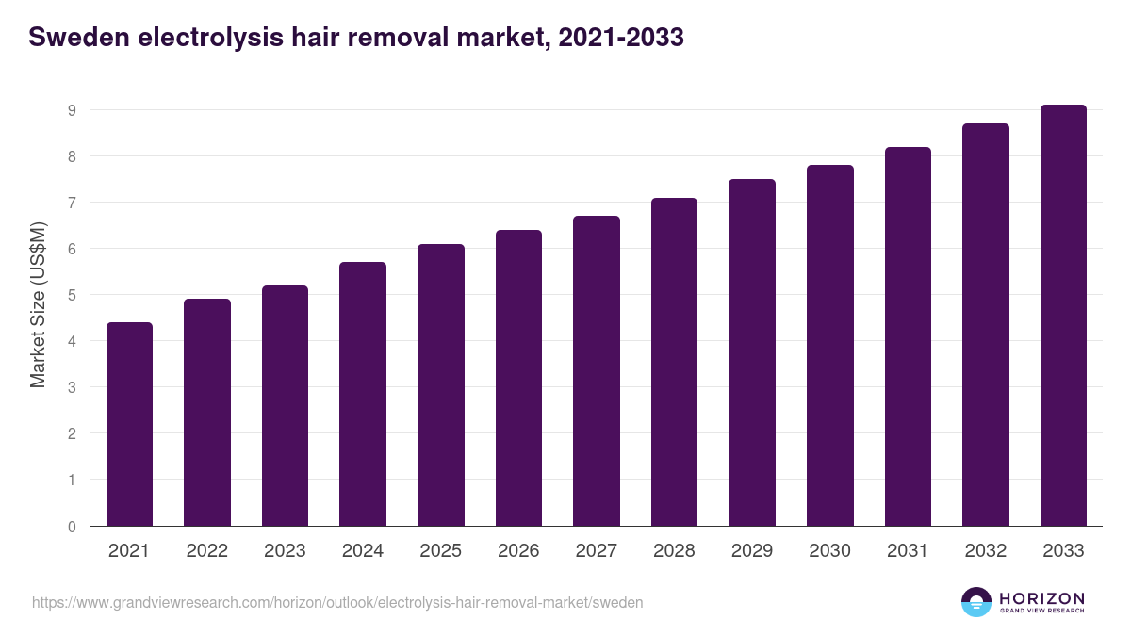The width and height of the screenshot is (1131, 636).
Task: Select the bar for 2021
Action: coord(129,424)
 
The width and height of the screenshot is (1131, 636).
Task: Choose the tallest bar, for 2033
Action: coord(1063,315)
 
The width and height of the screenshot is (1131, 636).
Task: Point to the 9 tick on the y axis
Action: coord(71,110)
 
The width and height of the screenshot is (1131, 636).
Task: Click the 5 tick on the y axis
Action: coord(71,295)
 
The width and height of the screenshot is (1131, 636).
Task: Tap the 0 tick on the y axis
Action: coord(71,527)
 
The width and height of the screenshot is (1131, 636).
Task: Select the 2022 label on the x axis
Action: coord(207,551)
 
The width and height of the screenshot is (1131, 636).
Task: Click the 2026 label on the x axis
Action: coord(518,551)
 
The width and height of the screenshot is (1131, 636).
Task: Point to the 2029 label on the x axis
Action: coord(752,551)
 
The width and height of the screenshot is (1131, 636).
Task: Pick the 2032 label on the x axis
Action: coord(986,551)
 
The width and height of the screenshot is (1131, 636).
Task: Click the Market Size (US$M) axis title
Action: coord(38,304)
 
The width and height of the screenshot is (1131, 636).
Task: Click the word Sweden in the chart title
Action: coord(78,39)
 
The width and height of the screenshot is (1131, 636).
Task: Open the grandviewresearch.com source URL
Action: coord(337,602)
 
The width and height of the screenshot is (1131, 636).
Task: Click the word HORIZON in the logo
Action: coord(1042,598)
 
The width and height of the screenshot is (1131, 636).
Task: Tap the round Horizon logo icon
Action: coord(976,602)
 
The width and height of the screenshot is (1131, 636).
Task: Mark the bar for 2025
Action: coord(441,384)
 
